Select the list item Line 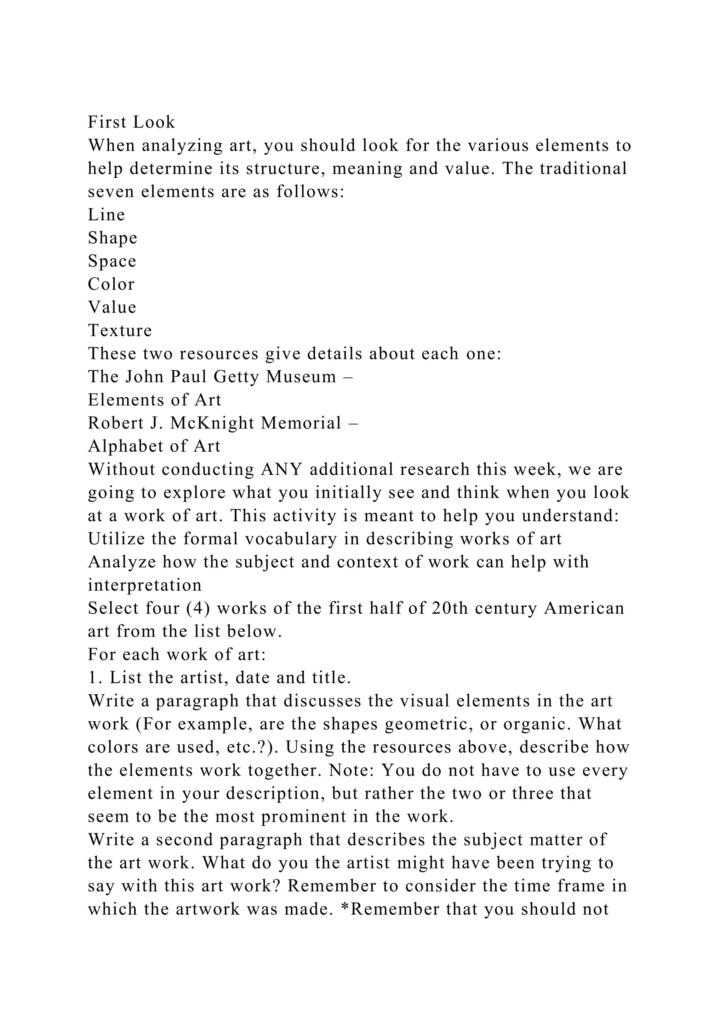pyautogui.click(x=106, y=215)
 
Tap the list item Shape pyautogui.click(x=113, y=238)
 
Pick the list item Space pyautogui.click(x=112, y=261)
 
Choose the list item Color pyautogui.click(x=111, y=284)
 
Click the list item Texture pyautogui.click(x=120, y=330)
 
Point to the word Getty pyautogui.click(x=236, y=377)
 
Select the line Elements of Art pyautogui.click(x=154, y=400)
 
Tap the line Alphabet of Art pyautogui.click(x=154, y=446)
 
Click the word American pyautogui.click(x=584, y=608)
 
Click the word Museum pyautogui.click(x=301, y=377)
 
